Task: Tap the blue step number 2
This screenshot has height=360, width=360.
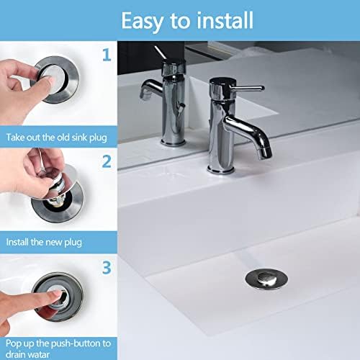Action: (x=107, y=161)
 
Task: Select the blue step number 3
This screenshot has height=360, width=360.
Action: (x=107, y=269)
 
